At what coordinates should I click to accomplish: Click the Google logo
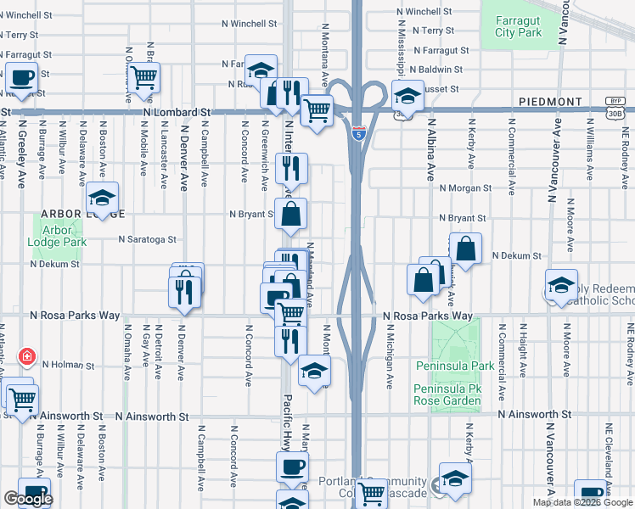click(27, 499)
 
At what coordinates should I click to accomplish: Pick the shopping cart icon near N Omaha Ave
click(144, 77)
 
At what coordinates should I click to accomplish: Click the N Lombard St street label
click(177, 112)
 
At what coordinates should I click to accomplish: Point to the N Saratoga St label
click(147, 240)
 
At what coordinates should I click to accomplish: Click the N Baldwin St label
click(436, 70)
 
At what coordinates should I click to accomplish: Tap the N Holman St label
click(68, 366)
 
